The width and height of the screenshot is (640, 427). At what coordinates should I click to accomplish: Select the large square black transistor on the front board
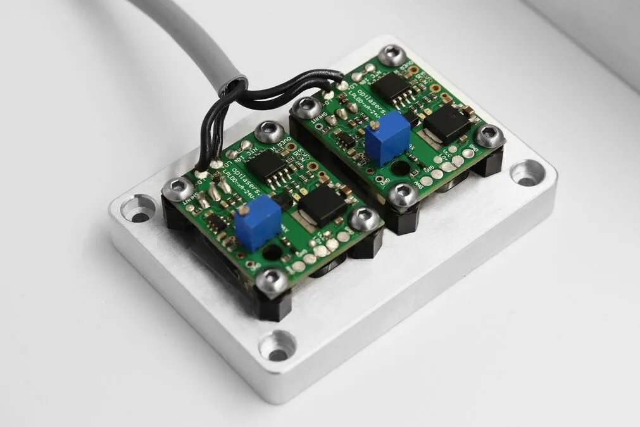pos(323,205)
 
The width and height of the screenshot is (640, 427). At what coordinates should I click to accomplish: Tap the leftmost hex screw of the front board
pos(178,188)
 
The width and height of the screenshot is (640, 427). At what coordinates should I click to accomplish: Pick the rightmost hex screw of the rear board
pos(490,135)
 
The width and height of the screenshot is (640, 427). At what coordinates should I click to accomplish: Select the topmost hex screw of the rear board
pos(392,55)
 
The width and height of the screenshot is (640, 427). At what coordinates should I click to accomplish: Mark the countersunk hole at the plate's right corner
pos(527,173)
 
